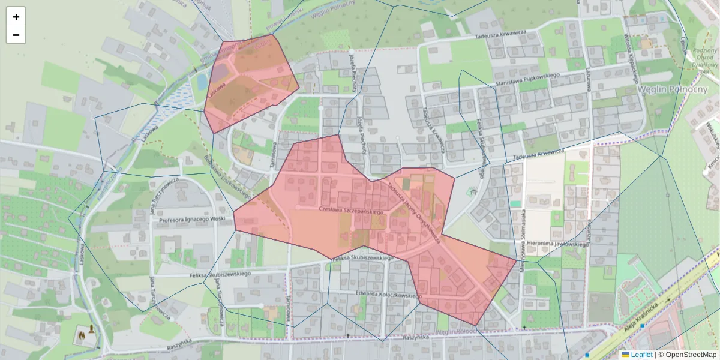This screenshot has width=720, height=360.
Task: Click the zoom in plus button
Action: (x=16, y=17)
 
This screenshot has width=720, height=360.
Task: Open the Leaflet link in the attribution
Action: (x=641, y=355)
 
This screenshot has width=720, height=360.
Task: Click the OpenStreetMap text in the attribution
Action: (x=687, y=355)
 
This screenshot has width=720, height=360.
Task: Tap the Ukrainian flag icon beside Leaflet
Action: (x=625, y=355)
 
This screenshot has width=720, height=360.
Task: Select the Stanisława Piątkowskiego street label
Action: (x=526, y=79)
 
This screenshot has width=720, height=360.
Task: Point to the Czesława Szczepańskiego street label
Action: (x=350, y=211)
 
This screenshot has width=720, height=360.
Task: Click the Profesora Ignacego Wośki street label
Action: (x=192, y=220)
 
